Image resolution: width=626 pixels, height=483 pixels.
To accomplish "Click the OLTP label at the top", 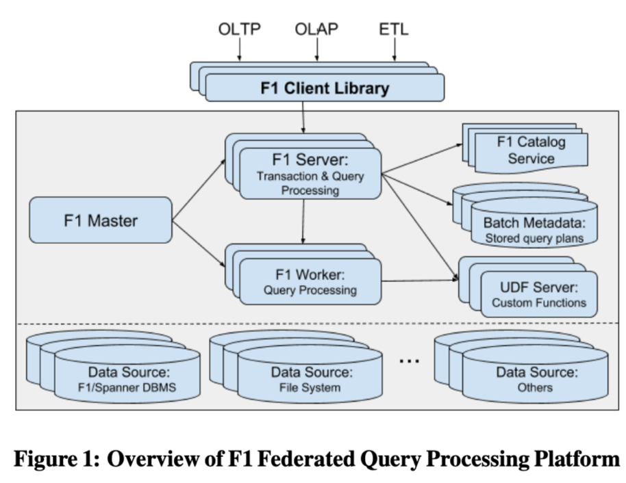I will pyautogui.click(x=240, y=29).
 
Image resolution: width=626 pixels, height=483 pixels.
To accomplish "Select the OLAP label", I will pyautogui.click(x=317, y=29).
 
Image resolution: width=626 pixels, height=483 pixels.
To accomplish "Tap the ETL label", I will pyautogui.click(x=392, y=29).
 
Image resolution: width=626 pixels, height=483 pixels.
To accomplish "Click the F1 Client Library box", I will pyautogui.click(x=325, y=88).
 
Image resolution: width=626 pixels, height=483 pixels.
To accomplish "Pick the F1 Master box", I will pyautogui.click(x=100, y=220).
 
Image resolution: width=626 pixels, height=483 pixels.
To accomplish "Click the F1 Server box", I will pyautogui.click(x=310, y=174).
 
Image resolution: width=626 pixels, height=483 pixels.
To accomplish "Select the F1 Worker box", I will pyautogui.click(x=310, y=283).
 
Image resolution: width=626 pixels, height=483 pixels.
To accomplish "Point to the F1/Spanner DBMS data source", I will pyautogui.click(x=127, y=379).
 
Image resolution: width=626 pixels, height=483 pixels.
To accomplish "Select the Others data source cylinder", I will pyautogui.click(x=536, y=379).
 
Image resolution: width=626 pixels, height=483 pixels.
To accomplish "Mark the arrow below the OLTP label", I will pyautogui.click(x=240, y=50).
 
